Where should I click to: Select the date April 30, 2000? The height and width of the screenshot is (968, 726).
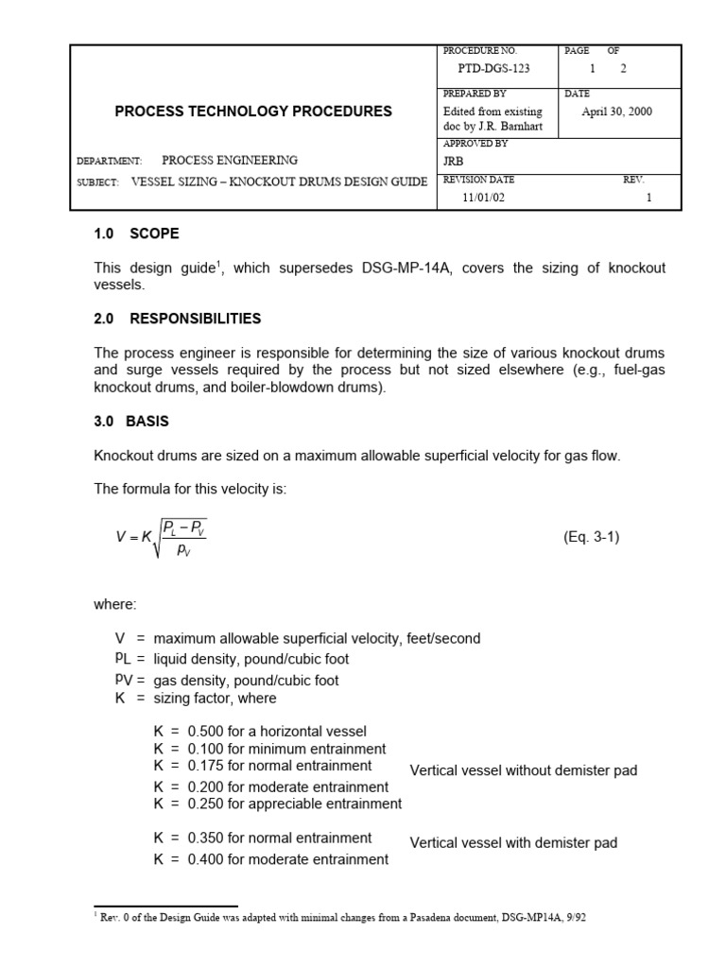point(616,112)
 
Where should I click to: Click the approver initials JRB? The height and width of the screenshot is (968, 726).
point(454,162)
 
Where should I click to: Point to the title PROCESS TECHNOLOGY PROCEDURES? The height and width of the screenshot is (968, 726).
point(253,112)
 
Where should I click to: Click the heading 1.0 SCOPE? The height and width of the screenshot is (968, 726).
point(136,233)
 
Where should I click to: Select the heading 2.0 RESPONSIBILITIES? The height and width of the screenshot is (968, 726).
point(178,319)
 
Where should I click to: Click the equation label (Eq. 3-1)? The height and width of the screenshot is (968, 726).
point(592,537)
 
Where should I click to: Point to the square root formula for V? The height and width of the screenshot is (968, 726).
point(161,537)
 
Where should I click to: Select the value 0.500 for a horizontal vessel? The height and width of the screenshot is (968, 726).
point(206,731)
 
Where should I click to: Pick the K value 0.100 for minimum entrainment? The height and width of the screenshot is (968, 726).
point(206,749)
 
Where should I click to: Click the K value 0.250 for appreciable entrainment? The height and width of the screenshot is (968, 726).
point(206,804)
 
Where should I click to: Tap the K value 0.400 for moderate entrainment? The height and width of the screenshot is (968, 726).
point(206,859)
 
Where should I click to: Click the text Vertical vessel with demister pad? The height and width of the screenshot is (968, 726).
point(513,843)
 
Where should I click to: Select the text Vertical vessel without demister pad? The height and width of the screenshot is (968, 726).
point(524,770)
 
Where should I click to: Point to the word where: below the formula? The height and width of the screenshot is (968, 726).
point(115,604)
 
